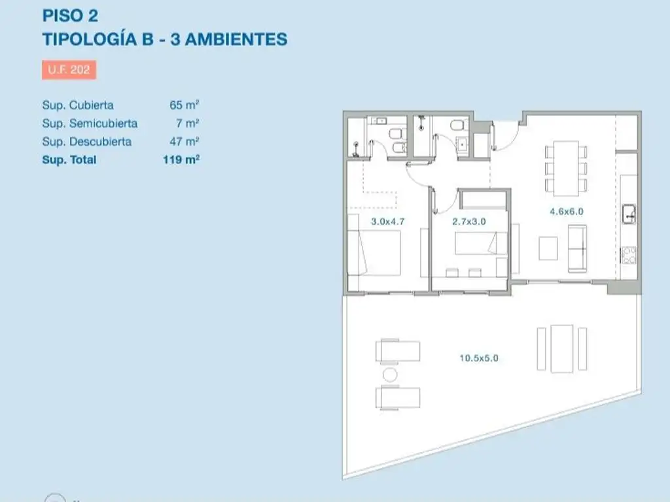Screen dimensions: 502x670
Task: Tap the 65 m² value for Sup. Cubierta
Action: (x=184, y=105)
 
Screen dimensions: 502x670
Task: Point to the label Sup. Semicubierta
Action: (x=90, y=123)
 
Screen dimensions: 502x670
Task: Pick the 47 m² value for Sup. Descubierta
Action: (x=184, y=141)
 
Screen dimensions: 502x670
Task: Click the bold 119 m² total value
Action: (x=181, y=159)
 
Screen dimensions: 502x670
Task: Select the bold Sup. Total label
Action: (x=69, y=159)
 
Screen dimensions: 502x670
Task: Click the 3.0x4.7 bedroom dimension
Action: (x=388, y=222)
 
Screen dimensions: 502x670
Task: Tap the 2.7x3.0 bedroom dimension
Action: (x=468, y=222)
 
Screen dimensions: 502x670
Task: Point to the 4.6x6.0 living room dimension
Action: (x=566, y=211)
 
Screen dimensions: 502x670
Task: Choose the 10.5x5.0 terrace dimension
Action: (x=484, y=358)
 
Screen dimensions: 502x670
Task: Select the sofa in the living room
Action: (x=577, y=248)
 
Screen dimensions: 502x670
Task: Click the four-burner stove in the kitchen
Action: (x=629, y=254)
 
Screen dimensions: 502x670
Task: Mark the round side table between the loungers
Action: (x=390, y=375)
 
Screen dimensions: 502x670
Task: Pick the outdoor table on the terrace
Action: (x=561, y=348)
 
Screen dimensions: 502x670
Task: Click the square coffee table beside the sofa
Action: (x=548, y=247)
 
